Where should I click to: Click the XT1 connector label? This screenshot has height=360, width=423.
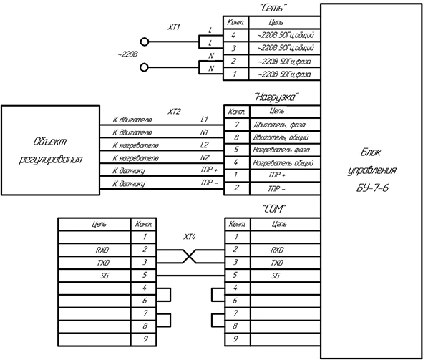pyautogui.click(x=174, y=27)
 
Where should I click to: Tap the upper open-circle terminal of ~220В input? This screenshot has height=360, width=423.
pyautogui.click(x=145, y=42)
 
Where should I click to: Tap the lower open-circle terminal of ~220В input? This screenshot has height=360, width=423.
pyautogui.click(x=145, y=67)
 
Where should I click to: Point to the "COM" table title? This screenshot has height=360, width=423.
pyautogui.click(x=273, y=209)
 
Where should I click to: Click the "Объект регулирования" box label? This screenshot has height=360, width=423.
pyautogui.click(x=50, y=150)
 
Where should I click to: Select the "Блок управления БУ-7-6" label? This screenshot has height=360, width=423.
pyautogui.click(x=371, y=170)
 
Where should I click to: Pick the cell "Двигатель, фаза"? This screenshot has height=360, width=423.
pyautogui.click(x=279, y=125)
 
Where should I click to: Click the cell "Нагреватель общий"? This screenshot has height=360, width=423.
pyautogui.click(x=283, y=163)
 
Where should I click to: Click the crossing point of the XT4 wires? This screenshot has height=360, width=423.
pyautogui.click(x=190, y=256)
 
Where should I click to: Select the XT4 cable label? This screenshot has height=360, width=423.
pyautogui.click(x=190, y=237)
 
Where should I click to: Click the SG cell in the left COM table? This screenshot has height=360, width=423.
pyautogui.click(x=104, y=276)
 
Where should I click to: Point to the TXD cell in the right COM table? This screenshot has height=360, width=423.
pyautogui.click(x=277, y=263)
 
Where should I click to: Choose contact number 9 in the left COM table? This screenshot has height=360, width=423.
pyautogui.click(x=145, y=339)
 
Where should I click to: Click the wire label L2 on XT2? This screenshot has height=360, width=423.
pyautogui.click(x=204, y=145)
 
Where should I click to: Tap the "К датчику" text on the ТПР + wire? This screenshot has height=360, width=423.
pyautogui.click(x=129, y=171)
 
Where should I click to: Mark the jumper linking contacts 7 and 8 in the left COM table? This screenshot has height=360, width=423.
pyautogui.click(x=170, y=320)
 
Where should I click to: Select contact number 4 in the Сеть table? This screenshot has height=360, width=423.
pyautogui.click(x=233, y=35)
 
